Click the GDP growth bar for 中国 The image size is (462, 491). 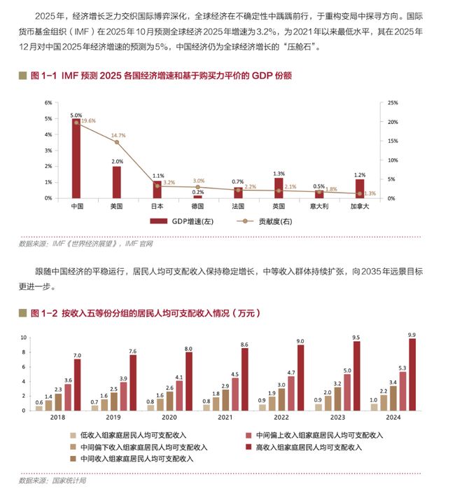76,158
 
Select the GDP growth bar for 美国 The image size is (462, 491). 117,182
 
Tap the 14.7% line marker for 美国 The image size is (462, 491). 117,142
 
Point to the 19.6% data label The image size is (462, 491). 88,120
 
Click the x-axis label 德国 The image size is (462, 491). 197,207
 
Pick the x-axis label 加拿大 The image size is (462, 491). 360,207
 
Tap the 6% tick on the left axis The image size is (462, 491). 48,102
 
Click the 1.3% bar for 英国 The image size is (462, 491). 279,188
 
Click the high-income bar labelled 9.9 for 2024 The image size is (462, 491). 412,373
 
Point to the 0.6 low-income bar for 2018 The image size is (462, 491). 40,408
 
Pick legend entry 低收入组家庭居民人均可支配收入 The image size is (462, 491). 136,435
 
